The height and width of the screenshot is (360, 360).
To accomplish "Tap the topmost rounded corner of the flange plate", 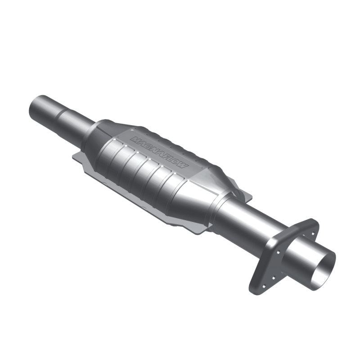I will (311, 221).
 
